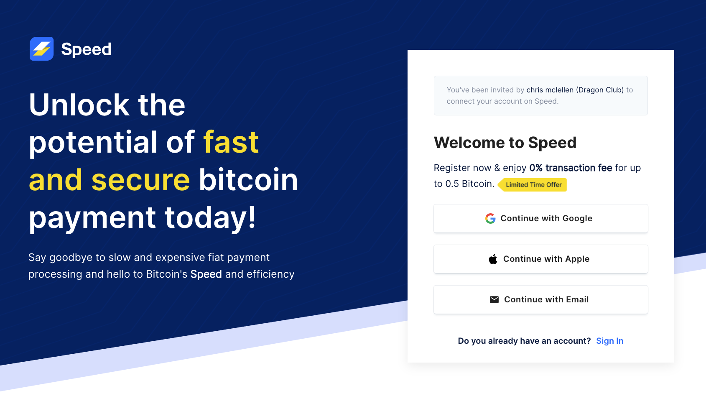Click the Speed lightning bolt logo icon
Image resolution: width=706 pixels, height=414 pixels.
click(42, 49)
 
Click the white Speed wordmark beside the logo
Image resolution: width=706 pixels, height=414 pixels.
click(86, 49)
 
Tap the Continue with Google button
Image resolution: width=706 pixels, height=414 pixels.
click(540, 218)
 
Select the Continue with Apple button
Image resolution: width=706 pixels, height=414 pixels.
click(540, 259)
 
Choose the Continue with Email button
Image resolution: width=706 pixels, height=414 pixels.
click(540, 299)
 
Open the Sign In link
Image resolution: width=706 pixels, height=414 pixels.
click(609, 341)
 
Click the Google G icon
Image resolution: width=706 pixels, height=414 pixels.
click(490, 218)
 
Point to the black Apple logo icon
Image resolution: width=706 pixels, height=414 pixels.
click(493, 259)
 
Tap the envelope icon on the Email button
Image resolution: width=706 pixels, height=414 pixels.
click(494, 299)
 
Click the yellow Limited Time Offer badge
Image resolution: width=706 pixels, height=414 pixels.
click(533, 185)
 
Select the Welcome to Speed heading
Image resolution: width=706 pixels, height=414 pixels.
click(505, 143)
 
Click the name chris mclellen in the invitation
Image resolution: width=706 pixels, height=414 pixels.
click(550, 90)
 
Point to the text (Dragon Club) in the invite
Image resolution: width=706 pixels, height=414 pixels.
click(600, 90)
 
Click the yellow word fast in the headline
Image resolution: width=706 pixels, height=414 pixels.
click(231, 142)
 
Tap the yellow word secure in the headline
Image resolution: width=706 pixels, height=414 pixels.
click(140, 180)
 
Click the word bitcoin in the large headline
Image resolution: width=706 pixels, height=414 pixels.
click(248, 180)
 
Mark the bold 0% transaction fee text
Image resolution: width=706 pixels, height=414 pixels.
click(571, 168)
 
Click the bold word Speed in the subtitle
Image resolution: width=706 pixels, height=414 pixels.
click(206, 274)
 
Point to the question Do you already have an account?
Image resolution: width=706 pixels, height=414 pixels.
click(524, 341)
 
